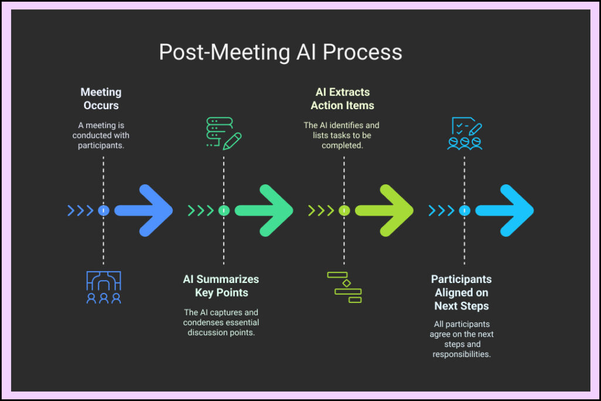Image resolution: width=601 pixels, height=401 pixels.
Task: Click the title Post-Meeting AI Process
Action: pos(281,52)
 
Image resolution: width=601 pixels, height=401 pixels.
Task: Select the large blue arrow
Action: pos(144,210)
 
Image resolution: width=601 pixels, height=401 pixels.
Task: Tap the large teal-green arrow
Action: pos(264,210)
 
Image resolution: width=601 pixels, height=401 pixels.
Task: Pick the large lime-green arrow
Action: pos(384,210)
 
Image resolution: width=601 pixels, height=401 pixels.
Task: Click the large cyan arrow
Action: pos(505,210)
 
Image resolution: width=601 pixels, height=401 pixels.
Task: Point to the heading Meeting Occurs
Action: pos(101,99)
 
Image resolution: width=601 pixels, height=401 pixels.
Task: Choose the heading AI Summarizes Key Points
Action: pos(221,286)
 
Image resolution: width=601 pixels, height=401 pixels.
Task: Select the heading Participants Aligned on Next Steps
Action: pos(461,292)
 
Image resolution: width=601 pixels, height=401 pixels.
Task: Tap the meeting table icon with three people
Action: pos(104,287)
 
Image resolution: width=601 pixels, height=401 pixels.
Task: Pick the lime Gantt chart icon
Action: pos(345,287)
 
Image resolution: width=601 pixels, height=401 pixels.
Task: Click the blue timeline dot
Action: pos(104,210)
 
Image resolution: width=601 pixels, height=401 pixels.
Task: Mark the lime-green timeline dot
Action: pos(345,210)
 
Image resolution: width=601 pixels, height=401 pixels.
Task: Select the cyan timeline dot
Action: pos(464,210)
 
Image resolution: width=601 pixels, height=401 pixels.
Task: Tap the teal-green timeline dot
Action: pos(224,210)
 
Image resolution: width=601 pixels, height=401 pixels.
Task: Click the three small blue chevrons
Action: pos(80,210)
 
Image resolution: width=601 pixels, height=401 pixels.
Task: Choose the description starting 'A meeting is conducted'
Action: pos(101,135)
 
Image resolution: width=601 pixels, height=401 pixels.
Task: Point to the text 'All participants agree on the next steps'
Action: pos(461,339)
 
